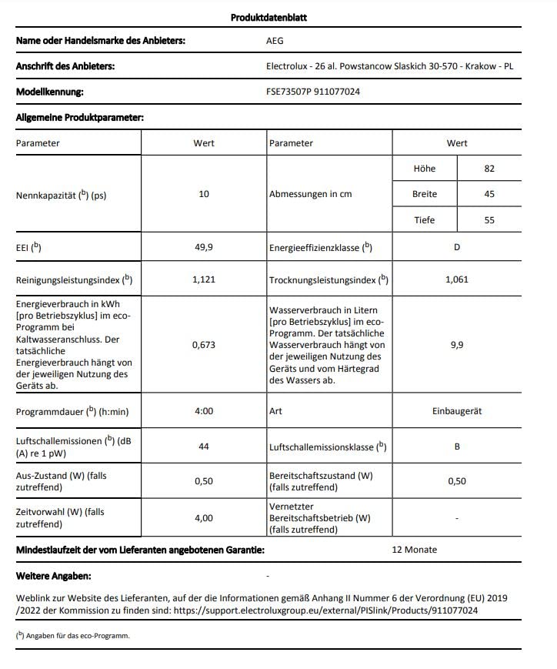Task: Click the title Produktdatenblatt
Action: coord(269,18)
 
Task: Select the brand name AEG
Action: coord(275,41)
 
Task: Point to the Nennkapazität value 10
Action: coord(204,194)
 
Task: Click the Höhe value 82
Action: coord(489,169)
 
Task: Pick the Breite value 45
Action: coord(489,194)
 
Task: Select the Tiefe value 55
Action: coord(489,220)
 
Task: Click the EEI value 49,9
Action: coord(204,247)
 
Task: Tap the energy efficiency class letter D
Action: coord(457,247)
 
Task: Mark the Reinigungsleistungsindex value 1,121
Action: coord(204,279)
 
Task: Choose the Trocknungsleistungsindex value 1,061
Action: coord(457,279)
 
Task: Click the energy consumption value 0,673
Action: coord(204,345)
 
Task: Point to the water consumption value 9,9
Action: coord(457,345)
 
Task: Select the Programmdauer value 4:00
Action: coord(204,411)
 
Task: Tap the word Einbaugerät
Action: coord(457,411)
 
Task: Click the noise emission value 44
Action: coord(204,447)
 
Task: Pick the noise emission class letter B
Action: coord(457,447)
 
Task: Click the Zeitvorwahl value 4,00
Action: coord(204,518)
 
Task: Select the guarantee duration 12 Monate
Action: coord(414,550)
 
